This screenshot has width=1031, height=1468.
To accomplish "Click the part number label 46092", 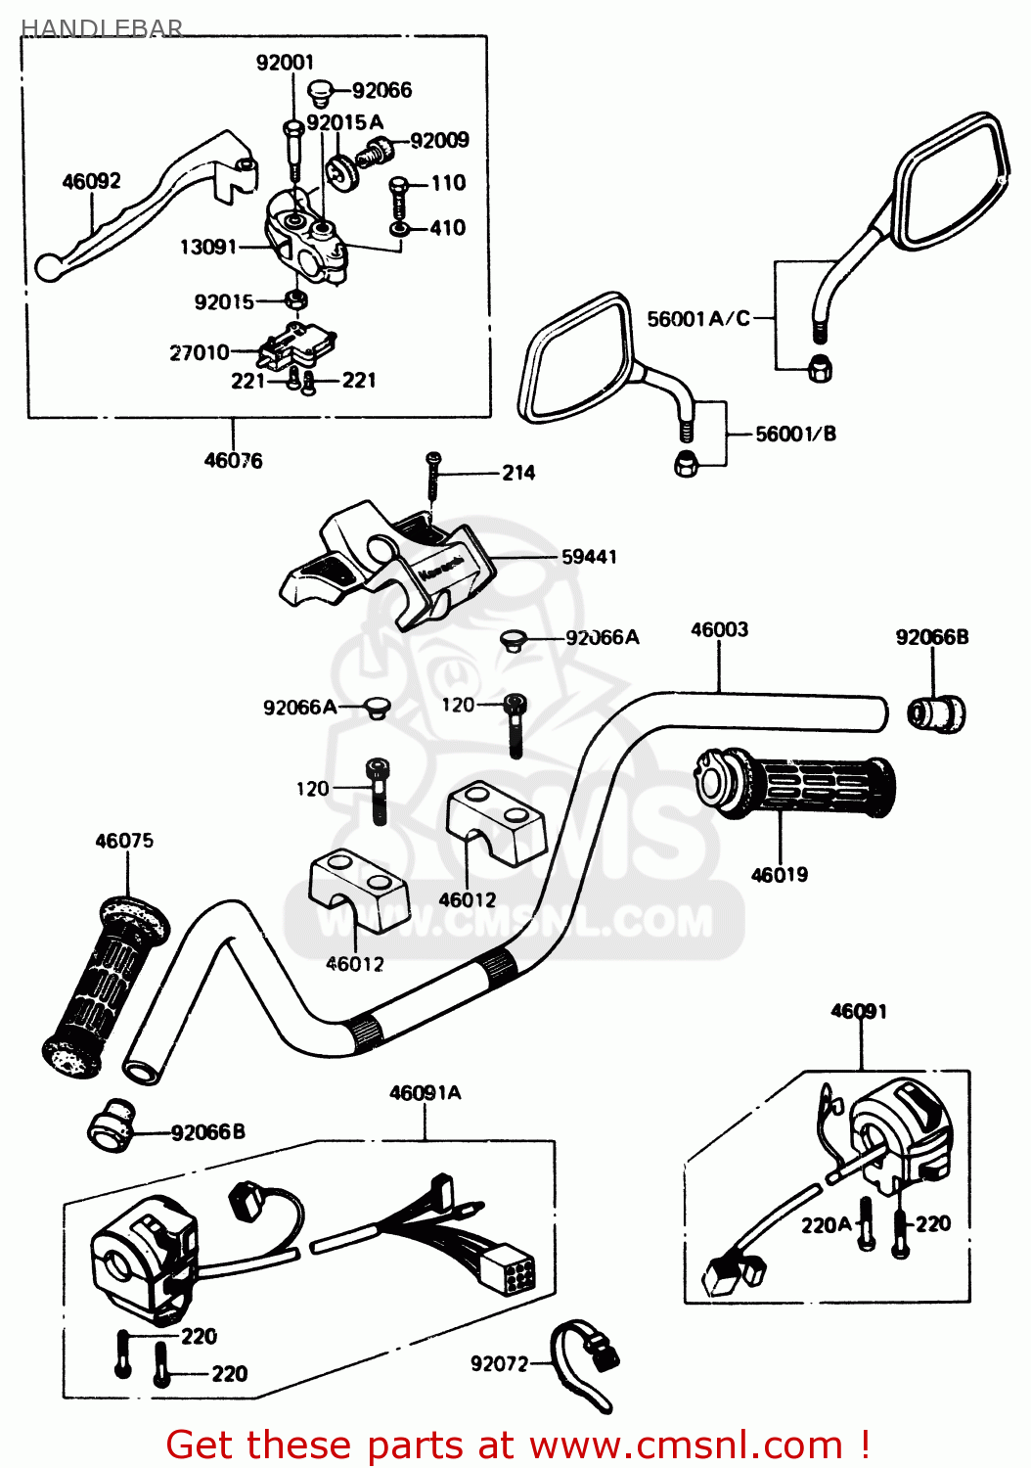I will coord(91,181).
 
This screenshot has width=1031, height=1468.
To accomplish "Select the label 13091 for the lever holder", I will coord(207,247).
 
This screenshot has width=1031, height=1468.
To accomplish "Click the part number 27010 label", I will coord(199,352).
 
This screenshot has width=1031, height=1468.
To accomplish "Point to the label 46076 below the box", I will coord(233,460).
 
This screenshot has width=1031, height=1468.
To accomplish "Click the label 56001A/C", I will coord(698,318).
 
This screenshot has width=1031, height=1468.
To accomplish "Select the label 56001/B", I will coord(795,434).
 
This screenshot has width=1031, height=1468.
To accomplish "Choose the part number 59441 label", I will coord(589,557).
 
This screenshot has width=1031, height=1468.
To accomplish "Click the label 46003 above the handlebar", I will coord(719,629).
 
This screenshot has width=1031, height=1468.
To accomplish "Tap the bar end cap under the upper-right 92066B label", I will coord(936,713).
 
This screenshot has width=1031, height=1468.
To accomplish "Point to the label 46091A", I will coord(425,1092).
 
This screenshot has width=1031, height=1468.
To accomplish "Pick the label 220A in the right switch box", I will coord(826,1224).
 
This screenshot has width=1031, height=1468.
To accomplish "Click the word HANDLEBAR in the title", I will coord(102,27).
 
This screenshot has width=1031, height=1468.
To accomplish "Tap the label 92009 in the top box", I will coord(439,140).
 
